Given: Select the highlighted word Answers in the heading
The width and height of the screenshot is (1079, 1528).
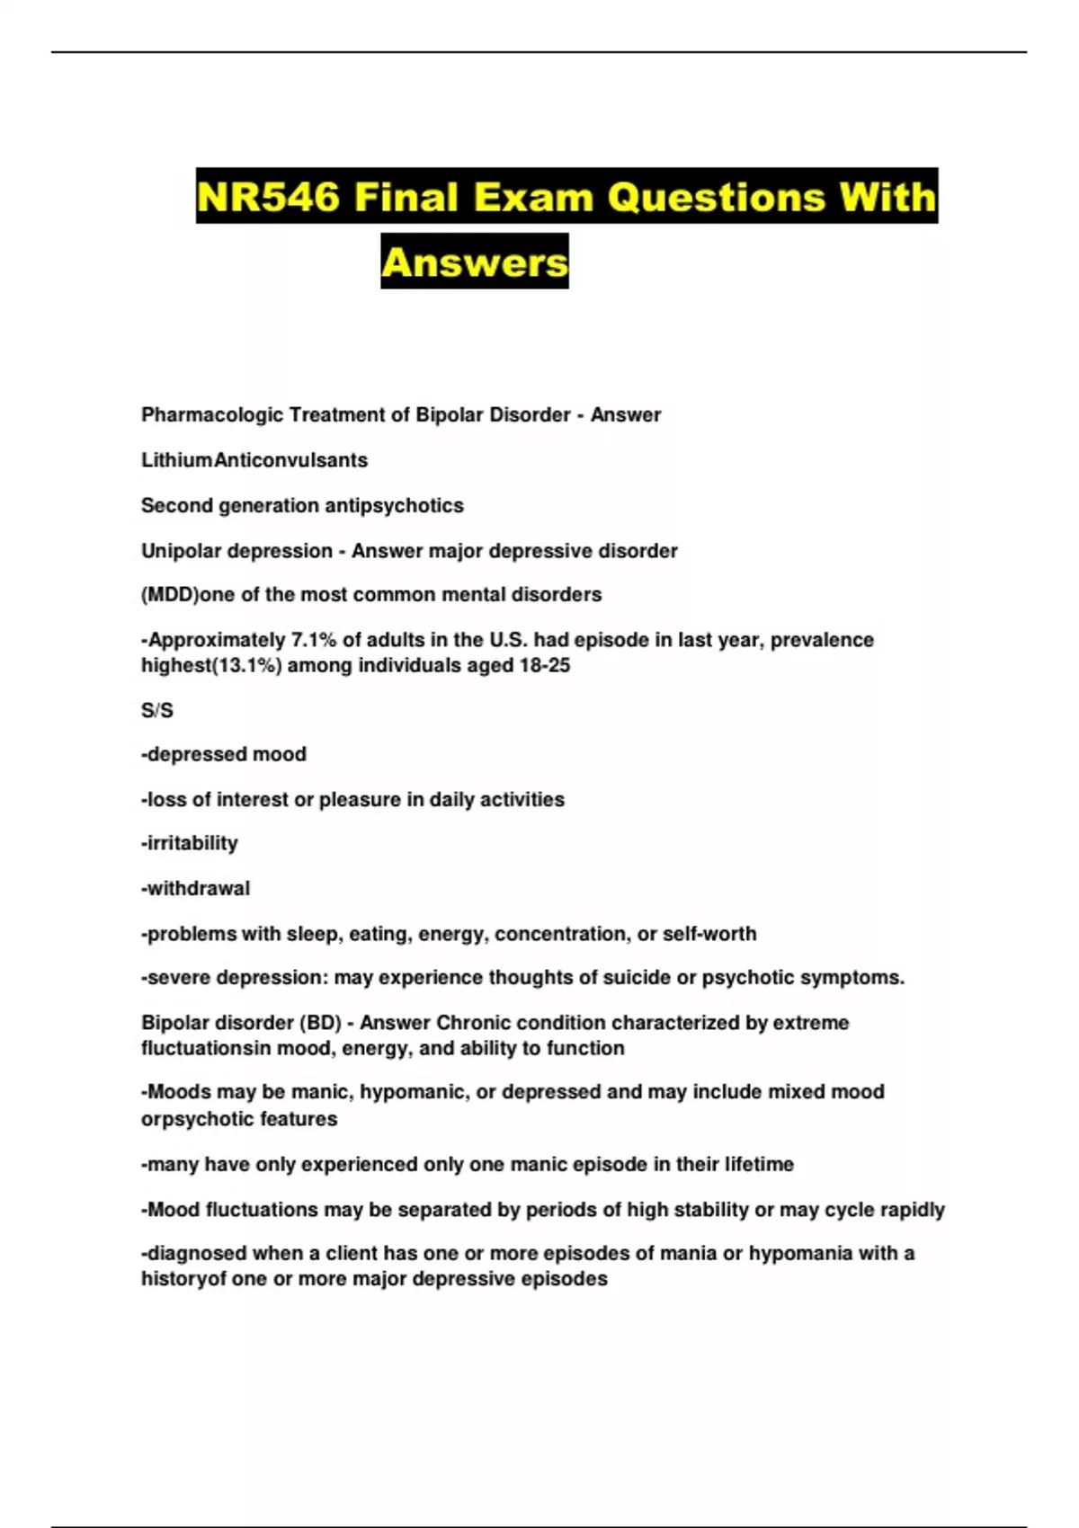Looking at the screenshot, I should click(475, 262).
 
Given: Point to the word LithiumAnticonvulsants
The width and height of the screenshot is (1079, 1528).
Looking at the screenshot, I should click(254, 460).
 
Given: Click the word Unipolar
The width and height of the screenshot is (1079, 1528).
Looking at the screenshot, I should click(180, 551).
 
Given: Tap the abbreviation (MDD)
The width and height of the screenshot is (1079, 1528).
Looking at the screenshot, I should click(170, 595).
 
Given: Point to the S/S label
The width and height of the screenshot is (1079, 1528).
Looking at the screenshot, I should click(157, 710).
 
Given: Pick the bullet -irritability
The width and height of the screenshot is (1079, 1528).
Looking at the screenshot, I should click(190, 843).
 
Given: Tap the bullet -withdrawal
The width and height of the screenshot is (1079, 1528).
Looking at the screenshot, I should click(196, 888).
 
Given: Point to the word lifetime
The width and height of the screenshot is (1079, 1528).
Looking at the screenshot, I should click(759, 1165).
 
